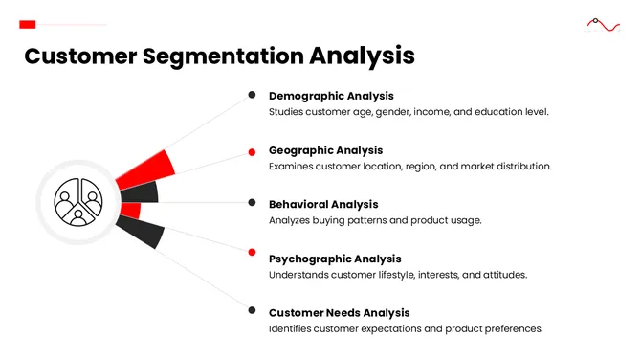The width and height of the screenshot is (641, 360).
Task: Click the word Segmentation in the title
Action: coord(224,56)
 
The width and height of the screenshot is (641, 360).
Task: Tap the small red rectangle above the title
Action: coord(28,24)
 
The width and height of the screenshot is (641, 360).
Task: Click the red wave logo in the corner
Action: coord(603,24)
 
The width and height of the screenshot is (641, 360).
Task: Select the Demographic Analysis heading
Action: coord(331,96)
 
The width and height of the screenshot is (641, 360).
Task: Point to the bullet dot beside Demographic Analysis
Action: coord(252,95)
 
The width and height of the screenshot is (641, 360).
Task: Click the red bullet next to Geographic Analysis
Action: coord(252,150)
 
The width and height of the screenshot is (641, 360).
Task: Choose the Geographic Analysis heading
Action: coord(325,150)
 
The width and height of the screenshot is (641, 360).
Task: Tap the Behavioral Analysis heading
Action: coord(323,204)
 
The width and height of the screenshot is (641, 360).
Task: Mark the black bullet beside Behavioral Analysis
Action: coord(252,203)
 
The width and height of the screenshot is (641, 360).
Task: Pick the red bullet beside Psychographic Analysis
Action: coord(252,253)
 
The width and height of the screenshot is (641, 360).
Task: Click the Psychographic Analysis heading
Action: coord(335,259)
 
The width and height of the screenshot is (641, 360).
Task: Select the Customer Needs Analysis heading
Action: coord(339,313)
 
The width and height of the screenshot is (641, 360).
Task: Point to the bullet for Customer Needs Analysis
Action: coord(252,310)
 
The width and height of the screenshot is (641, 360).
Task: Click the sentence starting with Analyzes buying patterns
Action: coord(375,220)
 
